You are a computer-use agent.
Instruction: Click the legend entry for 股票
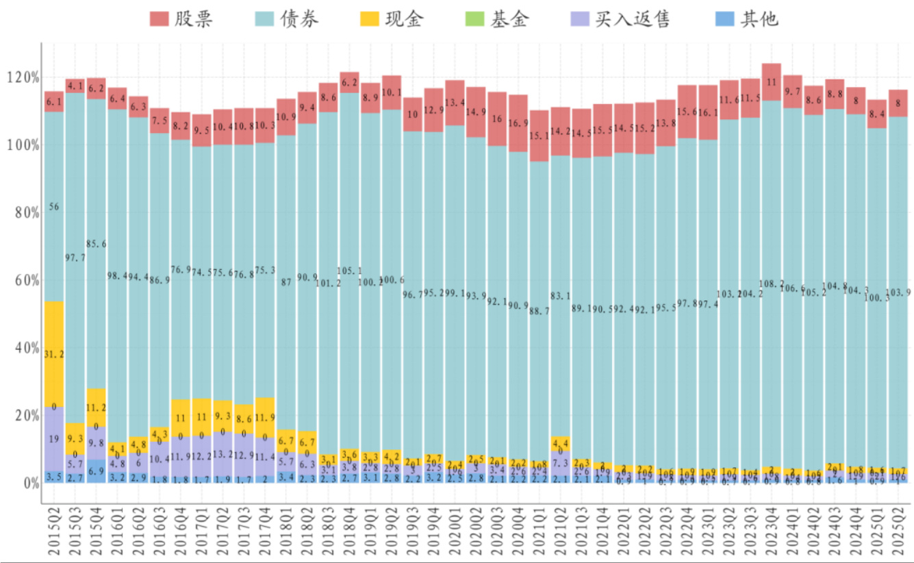click(181, 18)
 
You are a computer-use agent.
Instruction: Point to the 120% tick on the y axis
click(23, 77)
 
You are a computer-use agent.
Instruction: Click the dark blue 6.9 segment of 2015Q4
click(97, 471)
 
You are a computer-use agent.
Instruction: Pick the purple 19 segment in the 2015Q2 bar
click(54, 438)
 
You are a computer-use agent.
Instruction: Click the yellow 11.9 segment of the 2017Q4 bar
click(265, 417)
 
